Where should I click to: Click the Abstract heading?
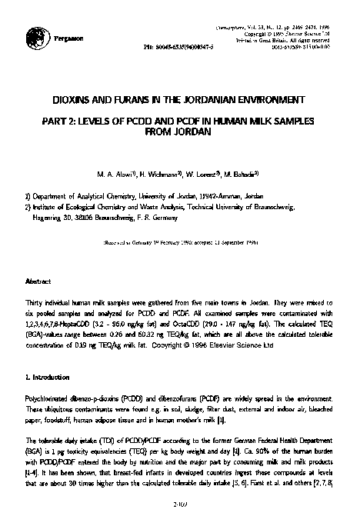click(x=38, y=281)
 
